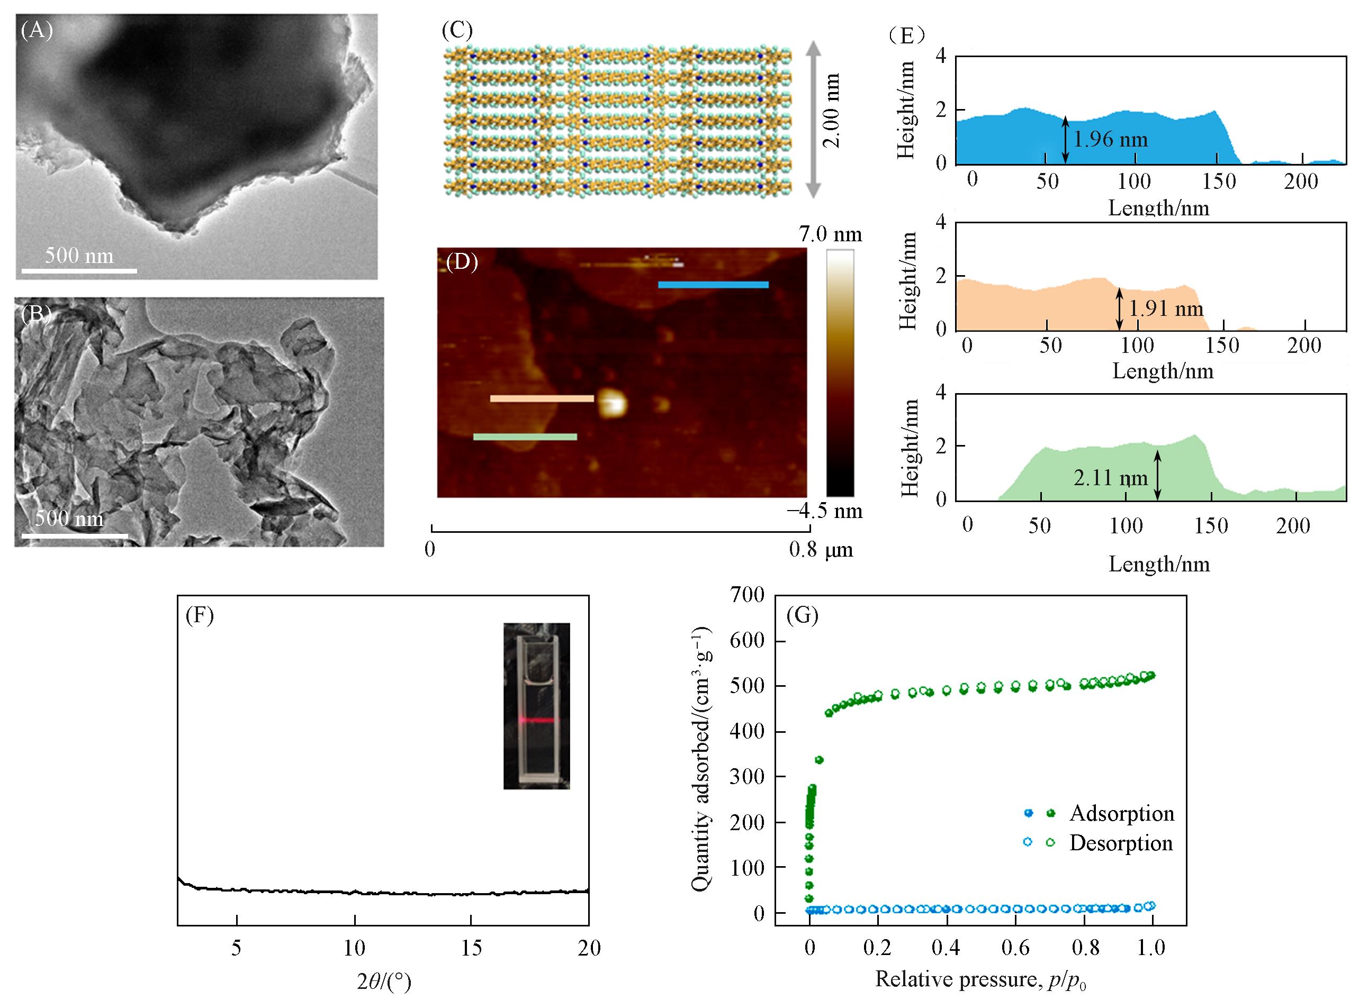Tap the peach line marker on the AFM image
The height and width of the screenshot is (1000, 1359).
click(542, 398)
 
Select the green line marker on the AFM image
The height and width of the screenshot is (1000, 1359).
click(525, 437)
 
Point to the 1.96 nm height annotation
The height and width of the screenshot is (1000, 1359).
click(1110, 139)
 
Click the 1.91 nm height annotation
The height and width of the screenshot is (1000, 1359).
click(1166, 310)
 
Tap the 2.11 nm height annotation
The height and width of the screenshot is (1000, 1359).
click(1111, 478)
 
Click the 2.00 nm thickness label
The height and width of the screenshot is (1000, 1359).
click(832, 111)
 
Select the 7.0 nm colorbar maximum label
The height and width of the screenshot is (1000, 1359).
click(830, 234)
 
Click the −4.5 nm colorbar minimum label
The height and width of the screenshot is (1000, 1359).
click(824, 511)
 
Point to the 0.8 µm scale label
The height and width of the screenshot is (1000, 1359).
click(821, 550)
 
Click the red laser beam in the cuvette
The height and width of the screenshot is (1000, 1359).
click(537, 720)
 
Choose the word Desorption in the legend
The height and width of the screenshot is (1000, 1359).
click(1121, 843)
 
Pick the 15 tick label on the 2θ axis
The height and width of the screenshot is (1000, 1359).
click(471, 948)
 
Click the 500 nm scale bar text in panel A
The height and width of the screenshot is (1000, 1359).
click(79, 256)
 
